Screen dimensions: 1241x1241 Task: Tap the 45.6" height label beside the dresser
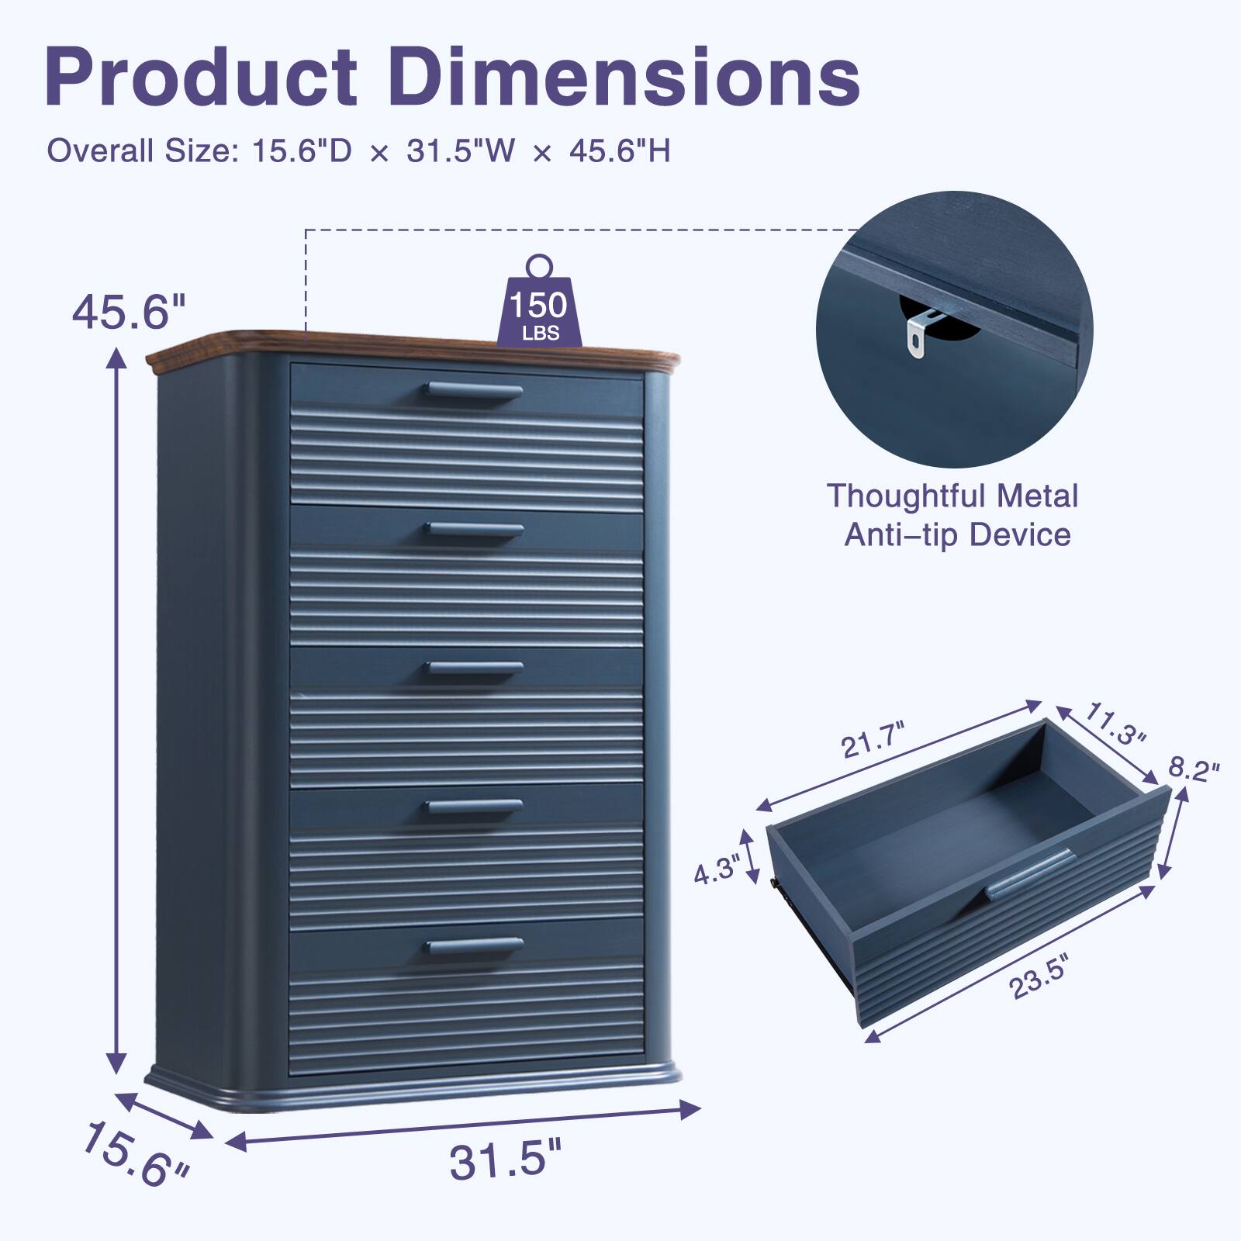tap(129, 313)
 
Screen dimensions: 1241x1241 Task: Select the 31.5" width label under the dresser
tap(505, 1160)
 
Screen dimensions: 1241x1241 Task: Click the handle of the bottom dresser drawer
tap(475, 945)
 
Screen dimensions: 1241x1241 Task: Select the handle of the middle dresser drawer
tap(475, 669)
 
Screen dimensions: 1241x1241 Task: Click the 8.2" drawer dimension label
tap(1194, 770)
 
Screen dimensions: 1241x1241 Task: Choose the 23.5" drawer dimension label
tap(1039, 980)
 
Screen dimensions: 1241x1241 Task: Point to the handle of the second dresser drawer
tap(475, 530)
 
